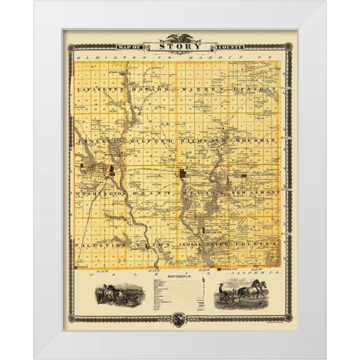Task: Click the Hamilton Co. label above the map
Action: [112, 56]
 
